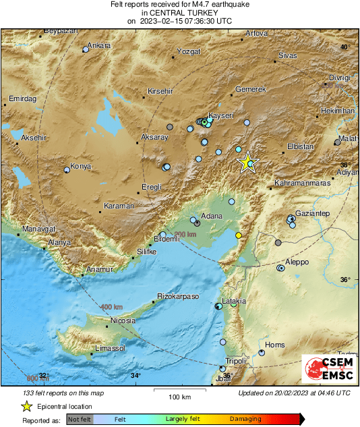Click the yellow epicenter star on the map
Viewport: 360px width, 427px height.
pos(248,162)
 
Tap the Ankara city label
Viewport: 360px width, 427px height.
pos(99,46)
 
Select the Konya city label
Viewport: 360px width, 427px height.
pos(81,166)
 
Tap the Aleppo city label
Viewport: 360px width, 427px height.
pos(297,262)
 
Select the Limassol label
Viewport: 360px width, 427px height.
pos(111,348)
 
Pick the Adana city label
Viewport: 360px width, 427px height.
pos(212,217)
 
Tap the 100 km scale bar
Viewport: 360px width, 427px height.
pos(178,391)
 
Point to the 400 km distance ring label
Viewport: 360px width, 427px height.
pos(112,308)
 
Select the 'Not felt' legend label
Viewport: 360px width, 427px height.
pos(80,419)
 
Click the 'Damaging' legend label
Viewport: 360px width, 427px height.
pos(245,419)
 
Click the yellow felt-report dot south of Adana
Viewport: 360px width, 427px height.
pos(238,235)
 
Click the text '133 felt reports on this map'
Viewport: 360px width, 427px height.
pos(64,393)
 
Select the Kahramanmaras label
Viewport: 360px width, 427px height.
pos(302,183)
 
